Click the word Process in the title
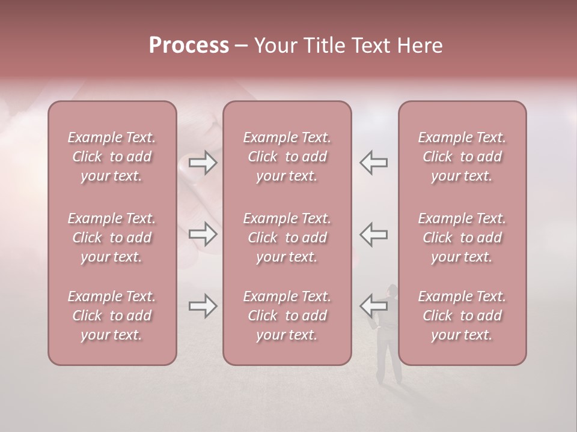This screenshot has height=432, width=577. [x=189, y=46]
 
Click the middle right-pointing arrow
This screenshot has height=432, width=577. [x=203, y=234]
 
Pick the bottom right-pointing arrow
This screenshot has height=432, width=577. [x=203, y=306]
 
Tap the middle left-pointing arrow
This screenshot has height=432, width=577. [x=373, y=234]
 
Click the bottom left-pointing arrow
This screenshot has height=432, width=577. [x=373, y=306]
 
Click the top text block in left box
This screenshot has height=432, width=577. [x=112, y=157]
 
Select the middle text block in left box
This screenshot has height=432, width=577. [x=112, y=238]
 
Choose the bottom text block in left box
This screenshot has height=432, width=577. [x=112, y=316]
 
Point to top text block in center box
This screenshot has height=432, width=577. [x=287, y=157]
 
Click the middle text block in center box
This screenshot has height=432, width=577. [x=287, y=238]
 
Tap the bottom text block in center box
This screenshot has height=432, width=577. [x=287, y=316]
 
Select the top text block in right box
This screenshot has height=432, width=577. [x=462, y=157]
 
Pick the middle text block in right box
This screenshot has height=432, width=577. [x=462, y=238]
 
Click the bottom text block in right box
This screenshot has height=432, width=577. [x=462, y=316]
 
